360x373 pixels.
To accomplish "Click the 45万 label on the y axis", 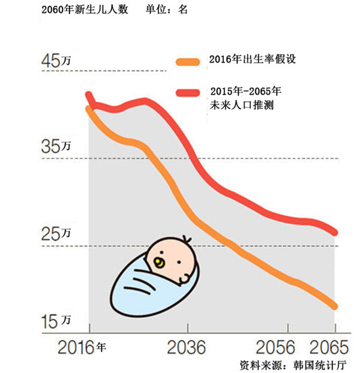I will coord(55,61).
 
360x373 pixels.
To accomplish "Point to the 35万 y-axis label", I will coord(55,146).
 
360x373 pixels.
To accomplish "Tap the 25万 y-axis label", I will coord(55,234).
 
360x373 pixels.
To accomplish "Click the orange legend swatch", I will coord(188,61).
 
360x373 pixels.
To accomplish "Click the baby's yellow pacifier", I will coord(160,262).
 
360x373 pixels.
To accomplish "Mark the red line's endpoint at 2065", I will coord(335,233).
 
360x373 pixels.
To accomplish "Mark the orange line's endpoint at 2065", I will coord(335,306).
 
